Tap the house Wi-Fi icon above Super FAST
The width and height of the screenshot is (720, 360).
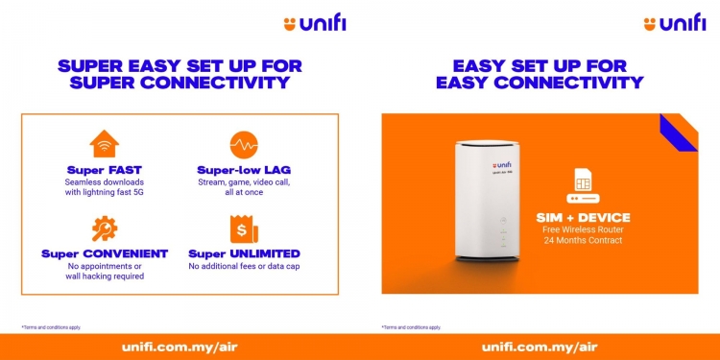click(104, 145)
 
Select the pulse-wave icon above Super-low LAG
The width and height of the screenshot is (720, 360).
click(244, 145)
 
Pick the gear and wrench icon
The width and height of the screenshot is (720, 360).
click(104, 228)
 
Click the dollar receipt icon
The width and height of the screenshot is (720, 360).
click(244, 228)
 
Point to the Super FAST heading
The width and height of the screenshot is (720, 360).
click(104, 170)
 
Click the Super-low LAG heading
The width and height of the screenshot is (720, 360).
click(244, 170)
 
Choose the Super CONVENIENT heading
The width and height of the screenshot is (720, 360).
click(104, 253)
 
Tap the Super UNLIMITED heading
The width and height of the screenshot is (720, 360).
click(244, 253)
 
